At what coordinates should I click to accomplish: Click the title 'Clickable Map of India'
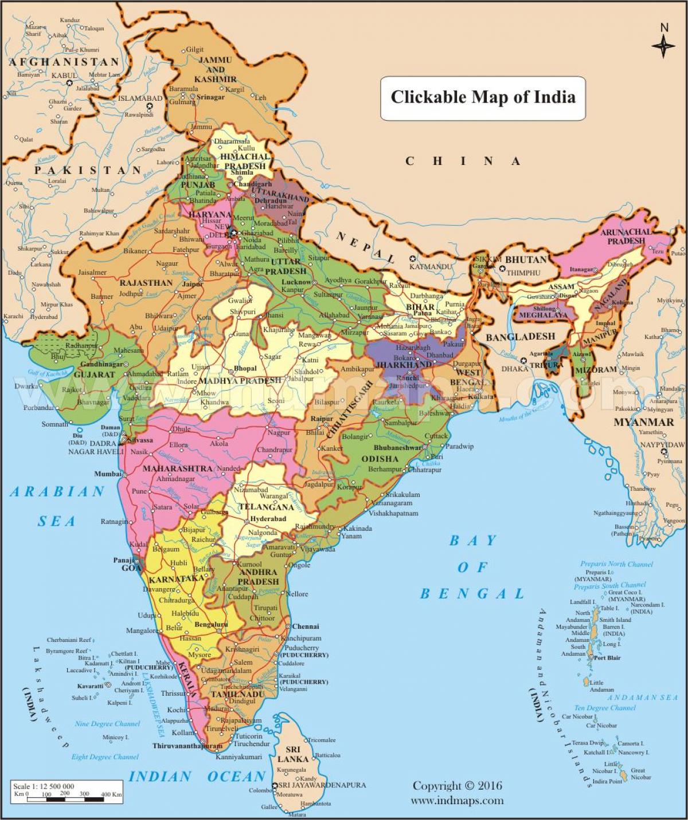pyautogui.click(x=483, y=97)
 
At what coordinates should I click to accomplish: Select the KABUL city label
pyautogui.click(x=64, y=75)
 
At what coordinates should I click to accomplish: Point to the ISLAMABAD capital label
pyautogui.click(x=140, y=98)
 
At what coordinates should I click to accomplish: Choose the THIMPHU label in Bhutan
pyautogui.click(x=523, y=273)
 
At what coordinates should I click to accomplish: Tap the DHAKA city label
pyautogui.click(x=514, y=369)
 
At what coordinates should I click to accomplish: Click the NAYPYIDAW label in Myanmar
pyautogui.click(x=662, y=445)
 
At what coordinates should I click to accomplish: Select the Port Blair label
pyautogui.click(x=607, y=658)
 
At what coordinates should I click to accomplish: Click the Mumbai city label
pyautogui.click(x=108, y=474)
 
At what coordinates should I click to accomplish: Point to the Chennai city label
pyautogui.click(x=305, y=626)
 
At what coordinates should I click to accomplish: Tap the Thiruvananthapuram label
pyautogui.click(x=187, y=746)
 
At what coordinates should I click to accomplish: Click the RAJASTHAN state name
pyautogui.click(x=146, y=283)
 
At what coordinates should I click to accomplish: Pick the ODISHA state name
pyautogui.click(x=380, y=459)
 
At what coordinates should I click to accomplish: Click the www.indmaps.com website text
pyautogui.click(x=457, y=801)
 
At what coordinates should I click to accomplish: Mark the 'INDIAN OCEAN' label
pyautogui.click(x=197, y=777)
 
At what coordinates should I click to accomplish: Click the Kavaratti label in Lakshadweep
pyautogui.click(x=91, y=686)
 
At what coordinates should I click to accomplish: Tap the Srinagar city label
pyautogui.click(x=210, y=97)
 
